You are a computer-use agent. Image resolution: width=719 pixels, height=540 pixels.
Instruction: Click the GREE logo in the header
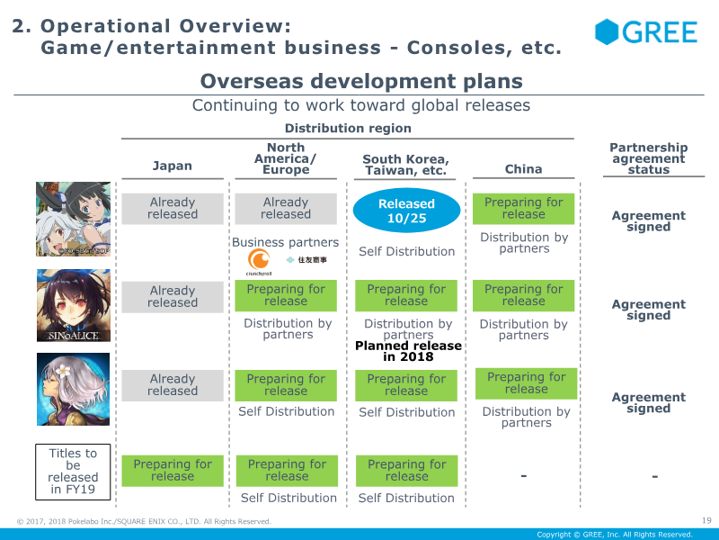tap(645, 32)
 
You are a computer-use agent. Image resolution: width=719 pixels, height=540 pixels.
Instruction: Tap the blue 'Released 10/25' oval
tap(406, 210)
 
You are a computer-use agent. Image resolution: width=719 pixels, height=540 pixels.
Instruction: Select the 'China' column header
tap(523, 168)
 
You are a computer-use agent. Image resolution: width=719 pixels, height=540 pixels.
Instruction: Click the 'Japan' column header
tap(172, 166)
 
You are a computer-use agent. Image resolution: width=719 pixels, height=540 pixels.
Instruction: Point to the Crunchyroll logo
tap(260, 260)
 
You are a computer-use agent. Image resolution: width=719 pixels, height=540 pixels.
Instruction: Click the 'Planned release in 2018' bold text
tap(408, 351)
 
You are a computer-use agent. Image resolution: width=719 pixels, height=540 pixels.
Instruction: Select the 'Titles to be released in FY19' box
tap(73, 472)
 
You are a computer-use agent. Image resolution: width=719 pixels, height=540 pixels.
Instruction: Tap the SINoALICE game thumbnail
tap(74, 305)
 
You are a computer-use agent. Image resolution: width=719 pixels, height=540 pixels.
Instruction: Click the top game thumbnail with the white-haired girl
tap(74, 219)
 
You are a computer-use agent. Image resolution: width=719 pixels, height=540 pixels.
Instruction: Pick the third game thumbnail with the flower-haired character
tap(74, 390)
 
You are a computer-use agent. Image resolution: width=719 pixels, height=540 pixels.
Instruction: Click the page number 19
tap(706, 519)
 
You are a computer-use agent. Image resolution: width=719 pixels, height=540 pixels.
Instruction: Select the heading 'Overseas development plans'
tap(361, 81)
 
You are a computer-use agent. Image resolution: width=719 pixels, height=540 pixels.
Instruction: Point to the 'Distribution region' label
tap(348, 129)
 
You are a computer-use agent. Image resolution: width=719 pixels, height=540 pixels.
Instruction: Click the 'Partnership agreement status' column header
tap(648, 158)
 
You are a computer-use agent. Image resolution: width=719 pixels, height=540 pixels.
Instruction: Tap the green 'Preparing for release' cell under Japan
tap(173, 471)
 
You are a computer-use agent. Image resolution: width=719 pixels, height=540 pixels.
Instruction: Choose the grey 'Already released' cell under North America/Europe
tap(286, 209)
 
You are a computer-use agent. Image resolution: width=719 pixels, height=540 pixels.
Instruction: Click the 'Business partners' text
tap(285, 242)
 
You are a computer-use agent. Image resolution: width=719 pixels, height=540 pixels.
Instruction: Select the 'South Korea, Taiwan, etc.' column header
tap(405, 165)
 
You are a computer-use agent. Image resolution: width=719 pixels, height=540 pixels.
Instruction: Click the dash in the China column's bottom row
tap(523, 475)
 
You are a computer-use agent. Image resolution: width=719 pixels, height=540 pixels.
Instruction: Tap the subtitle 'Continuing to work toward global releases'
tap(361, 105)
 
